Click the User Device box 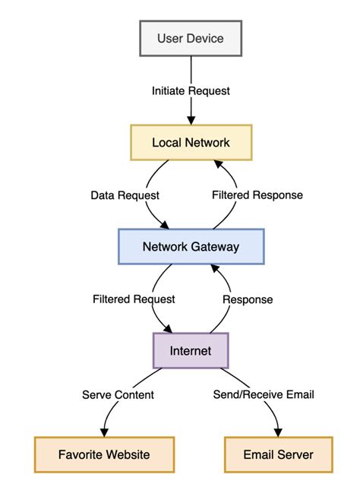pyautogui.click(x=191, y=38)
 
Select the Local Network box pyautogui.click(x=191, y=142)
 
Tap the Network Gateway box pyautogui.click(x=191, y=246)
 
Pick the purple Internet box pyautogui.click(x=191, y=351)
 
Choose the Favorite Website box pyautogui.click(x=104, y=455)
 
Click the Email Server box pyautogui.click(x=279, y=455)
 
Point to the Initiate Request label pyautogui.click(x=191, y=90)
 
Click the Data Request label pyautogui.click(x=125, y=194)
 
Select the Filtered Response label pyautogui.click(x=257, y=194)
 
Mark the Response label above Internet pyautogui.click(x=247, y=299)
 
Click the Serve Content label pyautogui.click(x=118, y=394)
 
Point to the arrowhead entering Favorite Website pyautogui.click(x=105, y=433)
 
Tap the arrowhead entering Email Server pyautogui.click(x=278, y=433)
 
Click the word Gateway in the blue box pyautogui.click(x=215, y=246)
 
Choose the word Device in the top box pyautogui.click(x=207, y=38)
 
